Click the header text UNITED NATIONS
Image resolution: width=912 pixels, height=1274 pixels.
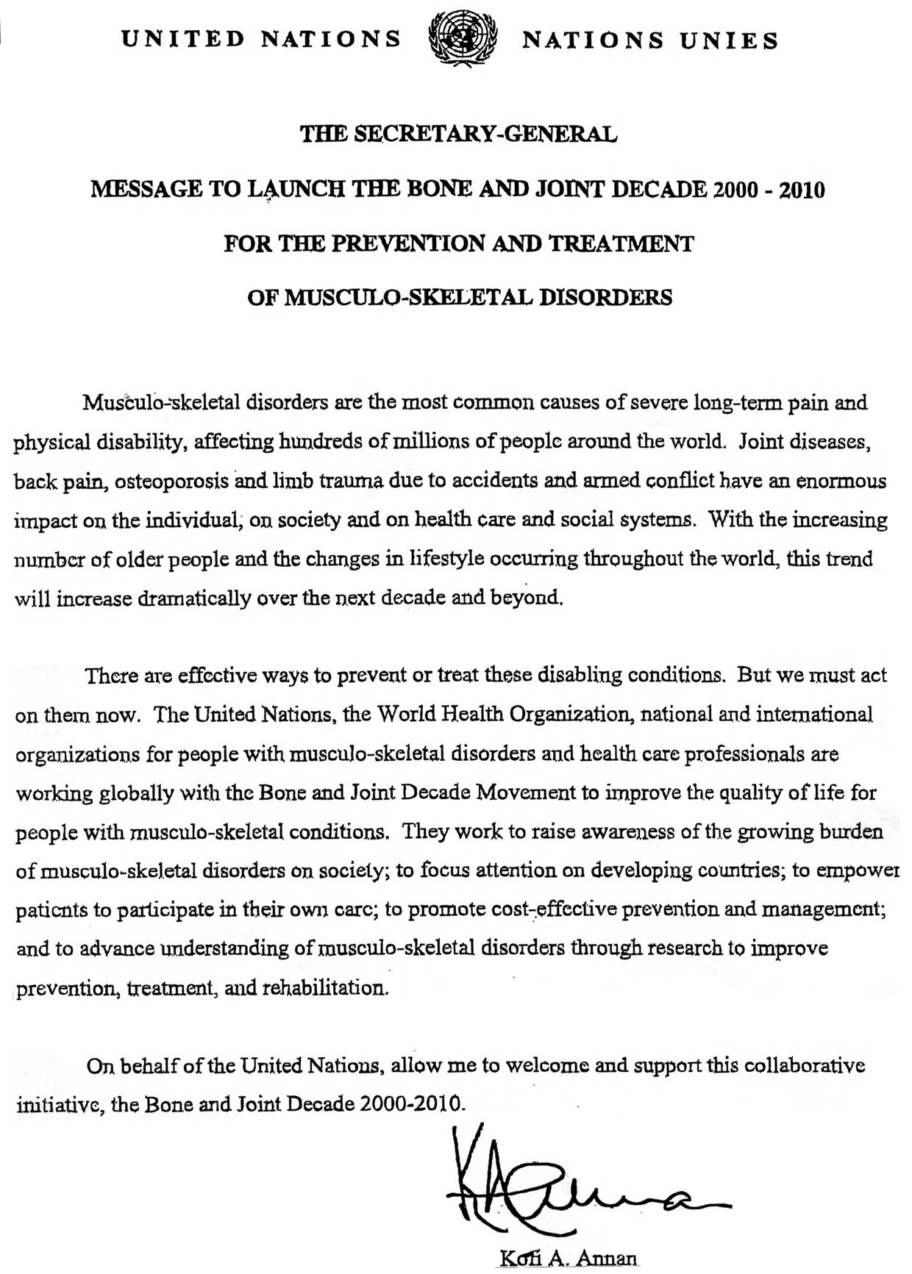coord(261,38)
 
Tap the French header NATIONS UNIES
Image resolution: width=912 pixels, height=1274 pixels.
coord(649,40)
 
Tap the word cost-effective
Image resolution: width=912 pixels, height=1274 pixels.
coord(513,909)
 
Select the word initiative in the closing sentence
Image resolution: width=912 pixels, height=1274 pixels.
coord(60,1104)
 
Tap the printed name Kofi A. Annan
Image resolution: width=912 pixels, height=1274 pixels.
coord(566,1259)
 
